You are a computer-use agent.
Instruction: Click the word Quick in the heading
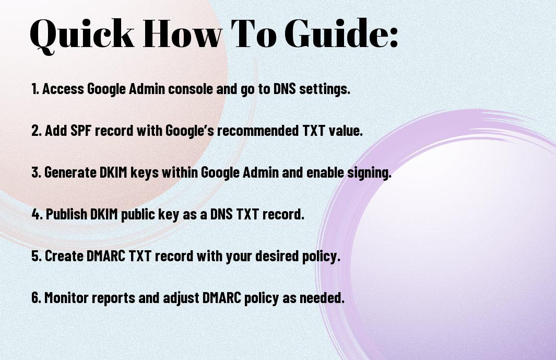point(82,34)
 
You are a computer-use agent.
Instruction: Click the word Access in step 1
point(63,89)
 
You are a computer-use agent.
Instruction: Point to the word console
point(191,89)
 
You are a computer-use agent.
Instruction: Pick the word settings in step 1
point(324,89)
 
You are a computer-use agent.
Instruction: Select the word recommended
point(258,131)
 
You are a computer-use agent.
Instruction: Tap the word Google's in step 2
point(190,131)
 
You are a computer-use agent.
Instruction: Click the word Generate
point(70,172)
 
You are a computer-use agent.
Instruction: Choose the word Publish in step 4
point(67,214)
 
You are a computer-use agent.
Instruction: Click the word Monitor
point(67,298)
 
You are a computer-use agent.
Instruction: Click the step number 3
point(36,172)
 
